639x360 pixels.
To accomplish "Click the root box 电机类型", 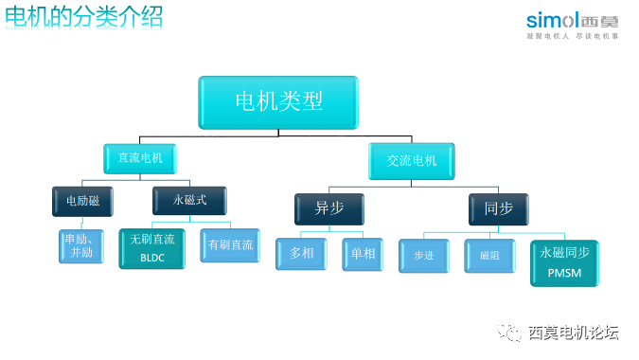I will pyautogui.click(x=278, y=102).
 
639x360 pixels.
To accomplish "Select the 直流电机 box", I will pyautogui.click(x=141, y=158).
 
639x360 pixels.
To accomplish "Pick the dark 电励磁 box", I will pyautogui.click(x=83, y=201).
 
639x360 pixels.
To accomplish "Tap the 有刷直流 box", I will pyautogui.click(x=229, y=245).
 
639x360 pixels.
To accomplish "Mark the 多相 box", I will pyautogui.click(x=302, y=255).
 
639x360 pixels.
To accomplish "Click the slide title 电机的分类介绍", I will pyautogui.click(x=84, y=16).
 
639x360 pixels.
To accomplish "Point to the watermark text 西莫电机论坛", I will pyautogui.click(x=573, y=333).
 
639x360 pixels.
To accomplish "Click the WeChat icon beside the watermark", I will pyautogui.click(x=510, y=333).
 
